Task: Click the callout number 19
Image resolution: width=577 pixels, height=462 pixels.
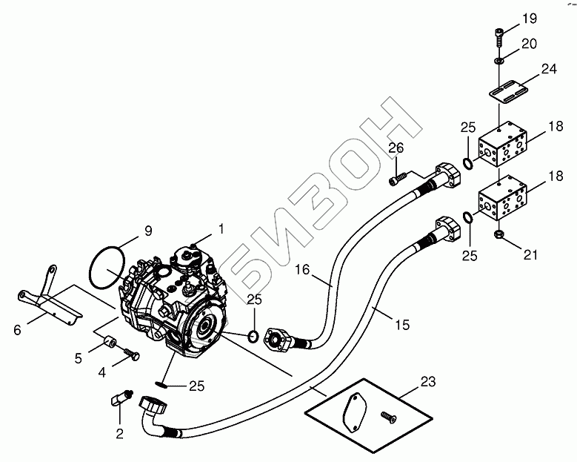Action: click(530, 18)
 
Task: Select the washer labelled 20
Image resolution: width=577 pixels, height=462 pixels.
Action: click(500, 59)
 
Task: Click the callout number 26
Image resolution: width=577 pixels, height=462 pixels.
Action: click(396, 148)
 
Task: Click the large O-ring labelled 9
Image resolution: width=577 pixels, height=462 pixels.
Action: click(107, 266)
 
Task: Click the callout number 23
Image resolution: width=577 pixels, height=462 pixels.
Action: click(427, 382)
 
